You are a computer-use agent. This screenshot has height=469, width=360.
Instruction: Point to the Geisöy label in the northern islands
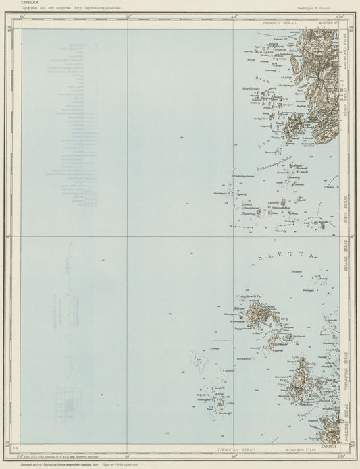coord(284,78)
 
